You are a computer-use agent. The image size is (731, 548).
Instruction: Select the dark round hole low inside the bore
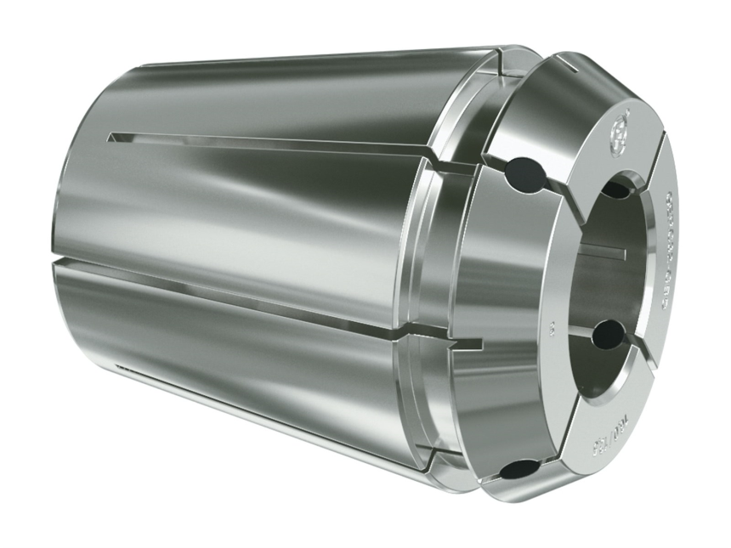click(x=609, y=334)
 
